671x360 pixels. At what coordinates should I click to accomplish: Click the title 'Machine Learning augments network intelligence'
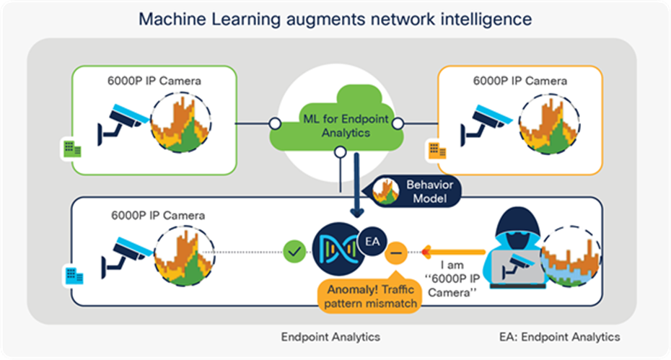[x=335, y=18]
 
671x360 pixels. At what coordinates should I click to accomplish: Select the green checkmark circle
[x=294, y=253]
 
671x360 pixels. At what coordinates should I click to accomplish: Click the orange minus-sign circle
[x=395, y=253]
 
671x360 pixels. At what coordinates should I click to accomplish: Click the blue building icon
[x=74, y=274]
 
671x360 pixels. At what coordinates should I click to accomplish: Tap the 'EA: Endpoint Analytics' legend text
[x=559, y=336]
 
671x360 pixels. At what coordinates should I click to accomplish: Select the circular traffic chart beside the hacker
[x=570, y=256]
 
